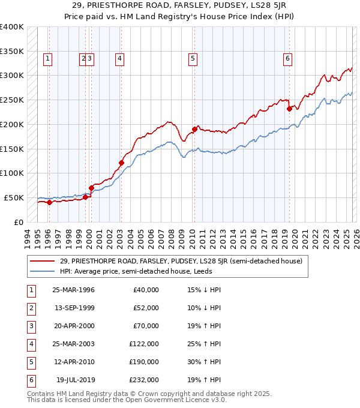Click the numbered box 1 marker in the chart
47,58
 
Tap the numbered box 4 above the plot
120,58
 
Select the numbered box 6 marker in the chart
288,58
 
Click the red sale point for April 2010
194,129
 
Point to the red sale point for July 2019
289,109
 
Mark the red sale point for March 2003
121,163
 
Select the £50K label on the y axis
14,197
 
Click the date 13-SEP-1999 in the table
73,308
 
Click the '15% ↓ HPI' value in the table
203,290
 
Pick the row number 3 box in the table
30,326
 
